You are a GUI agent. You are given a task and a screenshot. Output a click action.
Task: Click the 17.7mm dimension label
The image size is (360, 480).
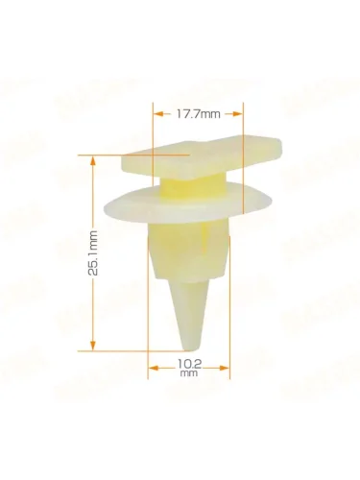pyautogui.click(x=198, y=114)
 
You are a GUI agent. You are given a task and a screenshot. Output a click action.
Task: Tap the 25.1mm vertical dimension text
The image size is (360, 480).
pyautogui.click(x=92, y=252)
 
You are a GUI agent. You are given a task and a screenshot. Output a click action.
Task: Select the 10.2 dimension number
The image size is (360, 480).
pyautogui.click(x=189, y=364)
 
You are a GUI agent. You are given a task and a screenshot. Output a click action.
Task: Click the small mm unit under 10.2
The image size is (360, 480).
pyautogui.click(x=189, y=373)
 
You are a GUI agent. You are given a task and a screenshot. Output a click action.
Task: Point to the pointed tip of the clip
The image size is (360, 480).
pyautogui.click(x=189, y=349)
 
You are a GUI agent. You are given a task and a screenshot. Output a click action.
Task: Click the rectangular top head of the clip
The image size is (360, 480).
pyautogui.click(x=202, y=156)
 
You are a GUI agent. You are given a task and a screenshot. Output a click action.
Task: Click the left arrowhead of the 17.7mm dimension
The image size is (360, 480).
pyautogui.click(x=158, y=114)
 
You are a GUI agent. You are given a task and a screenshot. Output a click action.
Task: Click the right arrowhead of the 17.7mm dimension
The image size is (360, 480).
pyautogui.click(x=237, y=114)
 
